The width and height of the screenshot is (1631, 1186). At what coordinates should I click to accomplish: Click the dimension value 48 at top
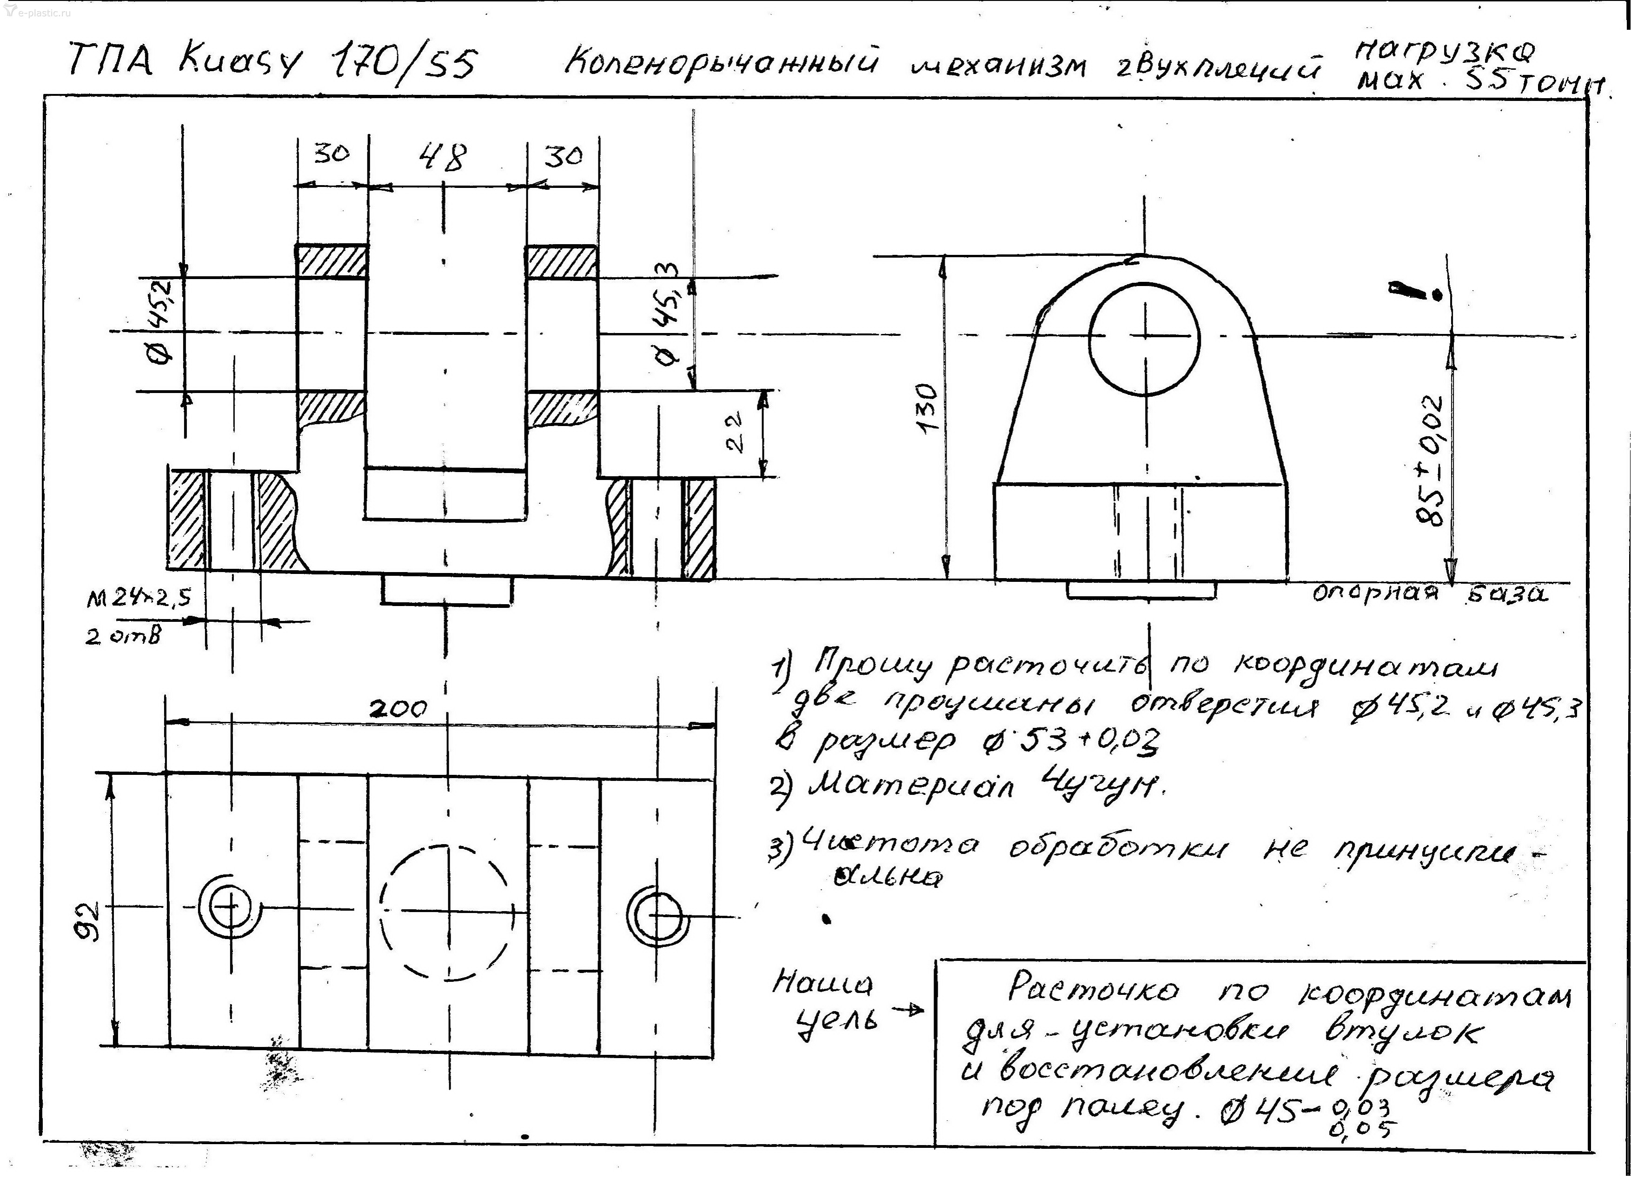tap(444, 157)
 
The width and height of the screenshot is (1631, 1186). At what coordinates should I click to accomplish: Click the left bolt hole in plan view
tap(229, 907)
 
